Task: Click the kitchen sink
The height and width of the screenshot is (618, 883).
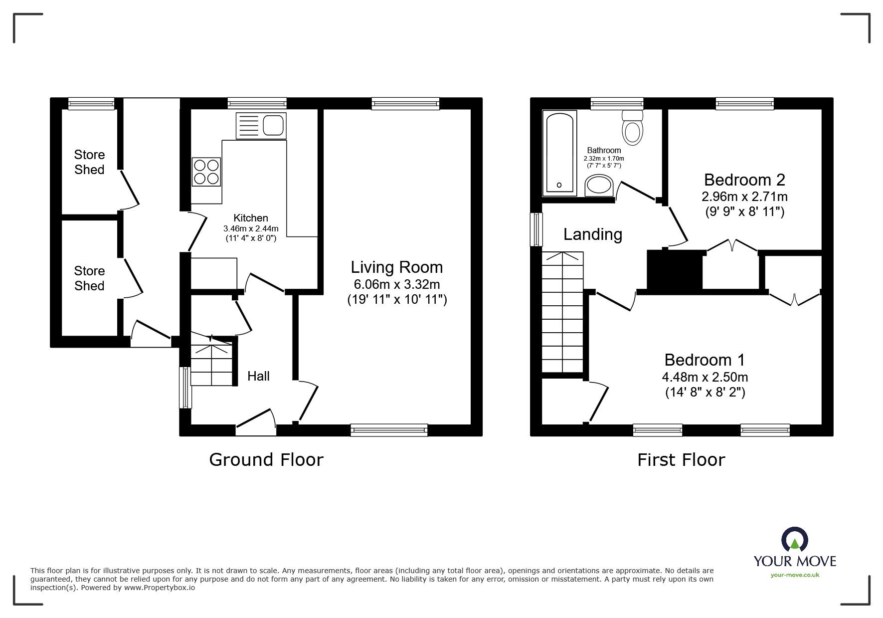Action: point(261,126)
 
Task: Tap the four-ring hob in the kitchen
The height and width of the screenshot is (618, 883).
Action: point(206,172)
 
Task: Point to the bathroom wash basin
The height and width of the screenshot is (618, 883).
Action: point(599,185)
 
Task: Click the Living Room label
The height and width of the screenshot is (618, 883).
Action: point(397,267)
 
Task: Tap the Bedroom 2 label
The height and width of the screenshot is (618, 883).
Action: point(744,180)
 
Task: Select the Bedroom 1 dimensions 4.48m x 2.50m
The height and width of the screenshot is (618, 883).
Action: point(705,378)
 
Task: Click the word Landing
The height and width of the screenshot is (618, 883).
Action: point(593,234)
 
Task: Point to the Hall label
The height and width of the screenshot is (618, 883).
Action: point(258,376)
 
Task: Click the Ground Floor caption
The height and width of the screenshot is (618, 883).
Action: point(266,459)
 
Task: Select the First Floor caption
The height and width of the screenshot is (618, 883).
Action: point(681,459)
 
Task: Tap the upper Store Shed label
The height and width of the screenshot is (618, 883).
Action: point(89,162)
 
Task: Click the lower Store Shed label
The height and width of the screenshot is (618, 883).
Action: point(89,278)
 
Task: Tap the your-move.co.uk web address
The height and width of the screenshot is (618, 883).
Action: point(795,575)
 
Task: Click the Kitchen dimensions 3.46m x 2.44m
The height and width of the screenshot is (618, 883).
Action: point(251,228)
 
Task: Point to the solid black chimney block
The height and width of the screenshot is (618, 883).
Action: point(675,269)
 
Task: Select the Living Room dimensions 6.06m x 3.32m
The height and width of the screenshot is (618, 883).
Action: point(397,284)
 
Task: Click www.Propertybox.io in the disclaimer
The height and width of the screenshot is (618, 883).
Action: point(160,588)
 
